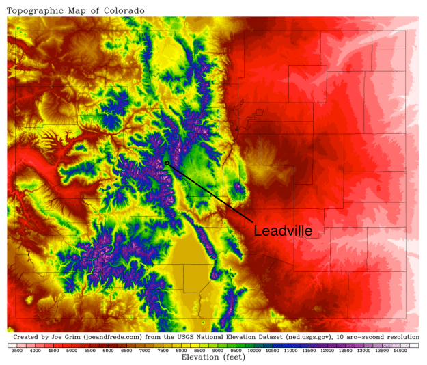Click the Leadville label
[x=283, y=231]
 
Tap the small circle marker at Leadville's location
[x=167, y=163]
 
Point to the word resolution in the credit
[x=400, y=337]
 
